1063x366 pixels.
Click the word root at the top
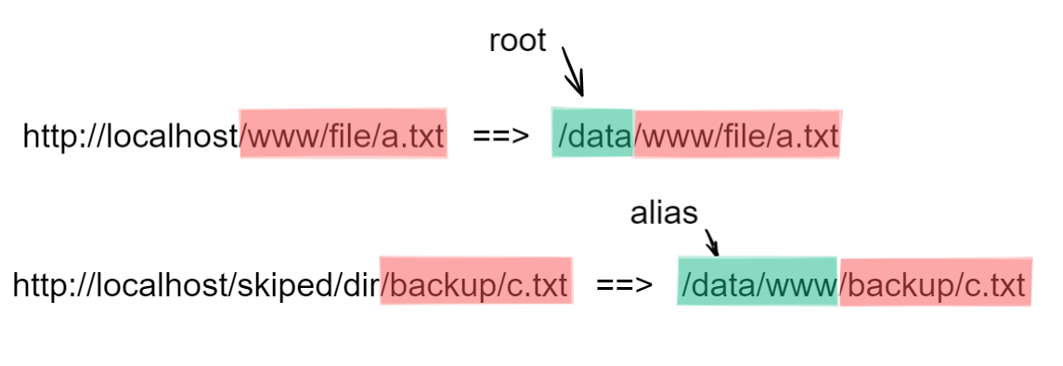point(517,41)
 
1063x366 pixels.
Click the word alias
point(663,214)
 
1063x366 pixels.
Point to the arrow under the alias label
point(711,242)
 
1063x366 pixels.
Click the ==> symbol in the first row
point(500,136)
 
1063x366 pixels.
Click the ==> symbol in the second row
point(623,284)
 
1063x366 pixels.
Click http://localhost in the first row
point(131,136)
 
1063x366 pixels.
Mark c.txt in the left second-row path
point(537,284)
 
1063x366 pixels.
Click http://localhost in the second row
point(121,284)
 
